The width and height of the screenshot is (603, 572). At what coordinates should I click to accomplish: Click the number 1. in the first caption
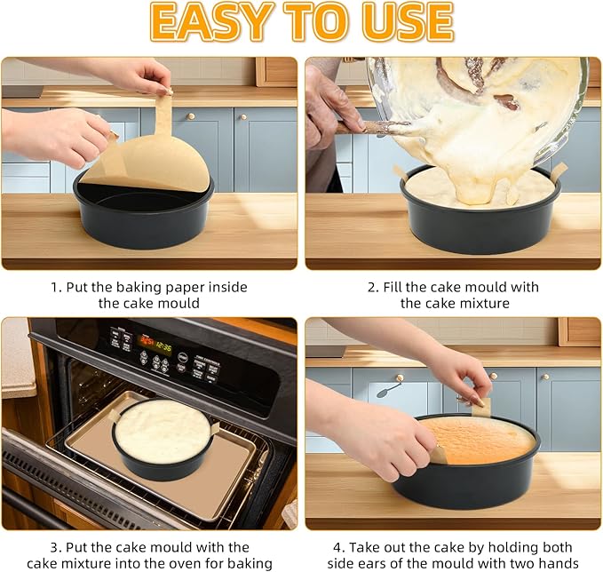57,288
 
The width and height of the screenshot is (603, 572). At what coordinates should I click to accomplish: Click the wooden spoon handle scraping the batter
369,127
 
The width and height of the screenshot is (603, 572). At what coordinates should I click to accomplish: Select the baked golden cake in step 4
479,440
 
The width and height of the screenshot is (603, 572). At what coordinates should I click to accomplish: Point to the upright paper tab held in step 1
163,114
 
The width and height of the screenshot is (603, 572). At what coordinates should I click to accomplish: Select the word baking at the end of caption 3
250,564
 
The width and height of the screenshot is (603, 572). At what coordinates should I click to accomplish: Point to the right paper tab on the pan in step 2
559,171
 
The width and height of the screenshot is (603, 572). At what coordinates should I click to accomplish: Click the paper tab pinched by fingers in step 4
480,407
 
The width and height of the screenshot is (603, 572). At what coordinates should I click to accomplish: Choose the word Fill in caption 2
393,288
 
